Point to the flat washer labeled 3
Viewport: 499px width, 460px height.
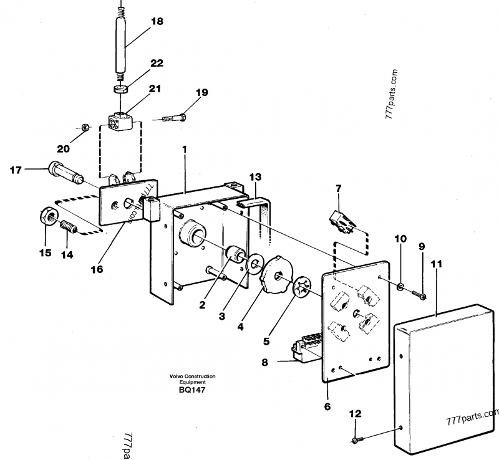click(x=254, y=264)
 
